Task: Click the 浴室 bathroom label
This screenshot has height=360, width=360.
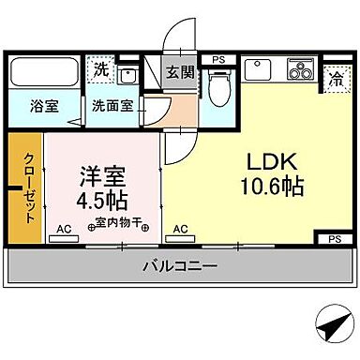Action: point(43,105)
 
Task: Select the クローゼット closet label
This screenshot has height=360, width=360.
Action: point(28,187)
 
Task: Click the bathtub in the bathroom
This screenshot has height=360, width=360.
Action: point(44,72)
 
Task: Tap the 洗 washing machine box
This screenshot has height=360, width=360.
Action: point(100,69)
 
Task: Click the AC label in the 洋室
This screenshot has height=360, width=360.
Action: point(64,228)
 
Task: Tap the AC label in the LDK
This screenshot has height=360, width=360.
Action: point(180,228)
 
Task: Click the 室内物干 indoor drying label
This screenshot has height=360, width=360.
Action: point(118,224)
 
